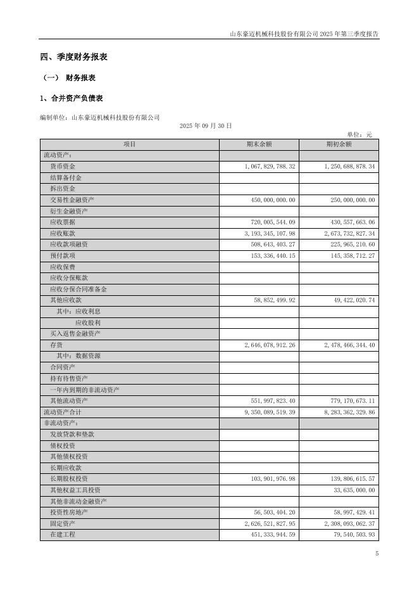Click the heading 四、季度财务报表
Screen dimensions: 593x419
[73, 57]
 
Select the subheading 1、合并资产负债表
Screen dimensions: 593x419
[71, 98]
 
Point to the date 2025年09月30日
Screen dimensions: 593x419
[206, 126]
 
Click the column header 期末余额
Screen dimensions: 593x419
[259, 144]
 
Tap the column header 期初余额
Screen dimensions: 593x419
[339, 144]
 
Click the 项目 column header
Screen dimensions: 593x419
[130, 144]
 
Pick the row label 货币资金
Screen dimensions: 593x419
[63, 167]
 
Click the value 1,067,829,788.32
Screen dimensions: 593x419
[270, 167]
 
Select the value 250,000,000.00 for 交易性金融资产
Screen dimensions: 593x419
[348, 200]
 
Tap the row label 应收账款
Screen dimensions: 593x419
[63, 234]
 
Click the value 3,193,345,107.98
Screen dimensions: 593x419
[270, 234]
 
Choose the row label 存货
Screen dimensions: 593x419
[56, 345]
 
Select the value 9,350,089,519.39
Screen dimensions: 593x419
[270, 412]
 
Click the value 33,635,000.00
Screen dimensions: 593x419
[348, 490]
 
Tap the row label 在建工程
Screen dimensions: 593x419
[63, 535]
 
